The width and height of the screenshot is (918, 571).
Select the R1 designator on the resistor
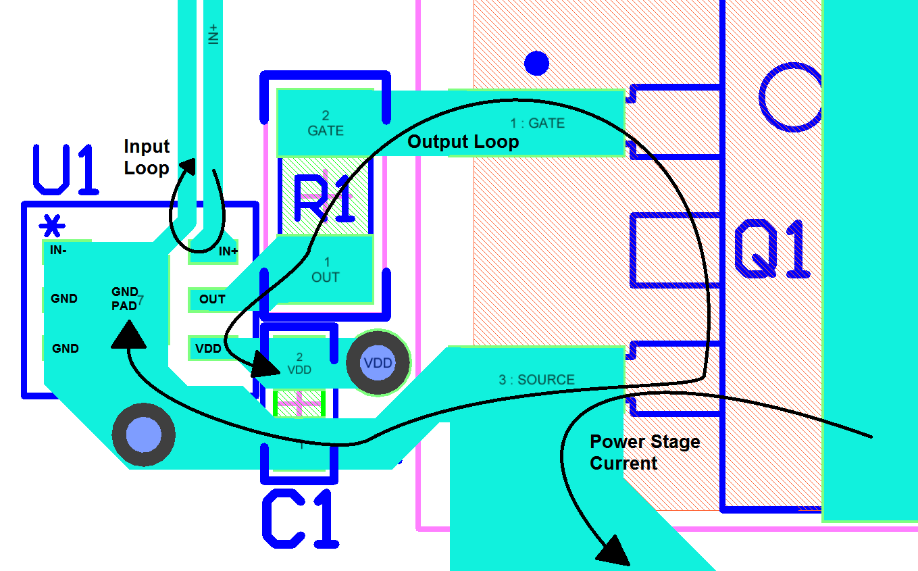tap(324, 200)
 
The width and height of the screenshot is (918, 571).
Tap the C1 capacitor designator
tap(300, 520)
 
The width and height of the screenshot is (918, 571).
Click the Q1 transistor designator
tap(772, 249)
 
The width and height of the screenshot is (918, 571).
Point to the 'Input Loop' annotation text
tap(147, 157)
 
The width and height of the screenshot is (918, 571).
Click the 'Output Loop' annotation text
tap(463, 142)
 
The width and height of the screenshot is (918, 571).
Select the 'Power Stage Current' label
tap(644, 453)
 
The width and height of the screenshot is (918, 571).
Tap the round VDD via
tap(378, 363)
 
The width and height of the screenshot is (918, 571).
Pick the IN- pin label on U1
tap(58, 250)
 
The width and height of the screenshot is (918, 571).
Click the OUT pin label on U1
tap(212, 299)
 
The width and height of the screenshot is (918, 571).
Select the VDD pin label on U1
tap(208, 349)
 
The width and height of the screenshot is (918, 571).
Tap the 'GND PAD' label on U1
tap(125, 298)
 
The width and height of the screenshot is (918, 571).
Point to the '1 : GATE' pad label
tap(537, 124)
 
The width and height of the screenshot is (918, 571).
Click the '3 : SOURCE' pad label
tap(536, 380)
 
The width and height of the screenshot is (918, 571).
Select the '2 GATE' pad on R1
tap(325, 124)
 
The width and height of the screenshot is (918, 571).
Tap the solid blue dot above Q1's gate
tap(536, 64)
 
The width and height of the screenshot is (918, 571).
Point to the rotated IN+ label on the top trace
tap(213, 34)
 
